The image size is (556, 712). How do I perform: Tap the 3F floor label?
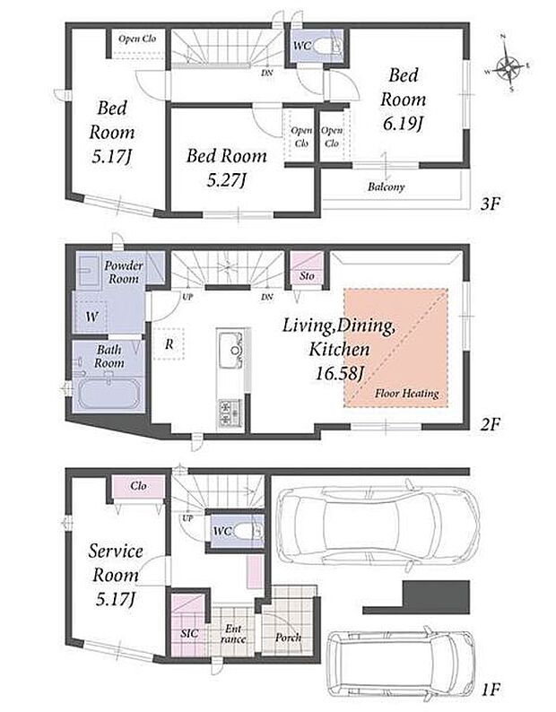(x=490, y=204)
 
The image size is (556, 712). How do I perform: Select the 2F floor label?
(x=490, y=424)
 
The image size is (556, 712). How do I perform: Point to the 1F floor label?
(x=491, y=690)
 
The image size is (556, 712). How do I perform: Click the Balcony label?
(x=387, y=187)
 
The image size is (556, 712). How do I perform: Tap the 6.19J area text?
(x=403, y=123)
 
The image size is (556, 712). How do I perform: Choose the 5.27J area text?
(x=226, y=181)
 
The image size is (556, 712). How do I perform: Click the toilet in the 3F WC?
(x=327, y=46)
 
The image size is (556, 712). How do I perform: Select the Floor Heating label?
(x=406, y=394)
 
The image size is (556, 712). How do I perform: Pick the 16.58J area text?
(x=340, y=373)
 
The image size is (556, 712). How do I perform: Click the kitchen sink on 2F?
(x=230, y=350)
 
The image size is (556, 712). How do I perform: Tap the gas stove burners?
(x=230, y=412)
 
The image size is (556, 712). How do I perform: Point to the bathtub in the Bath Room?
(x=108, y=394)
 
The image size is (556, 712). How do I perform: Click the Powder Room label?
(x=124, y=272)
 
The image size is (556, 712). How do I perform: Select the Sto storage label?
(x=307, y=275)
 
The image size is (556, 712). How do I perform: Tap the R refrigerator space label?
(x=169, y=344)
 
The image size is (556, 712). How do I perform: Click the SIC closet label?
(x=189, y=633)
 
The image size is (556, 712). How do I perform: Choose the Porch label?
(x=289, y=638)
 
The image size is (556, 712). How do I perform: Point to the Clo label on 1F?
(x=138, y=486)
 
